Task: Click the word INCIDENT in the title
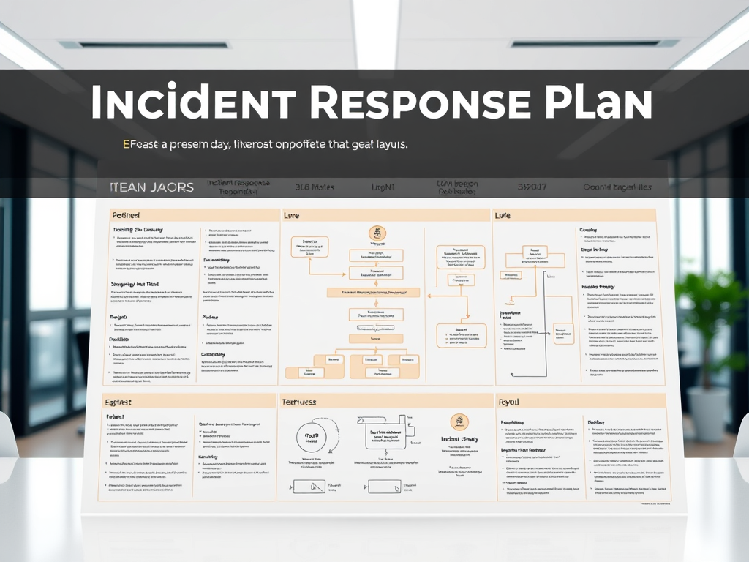[x=193, y=103]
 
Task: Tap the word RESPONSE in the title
[x=415, y=103]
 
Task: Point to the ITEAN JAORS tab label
[x=151, y=187]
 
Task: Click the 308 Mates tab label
[x=314, y=187]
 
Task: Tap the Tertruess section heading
[x=298, y=402]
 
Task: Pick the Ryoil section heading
[x=508, y=402]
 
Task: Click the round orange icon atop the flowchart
[x=377, y=234]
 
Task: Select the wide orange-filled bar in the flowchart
[x=373, y=292]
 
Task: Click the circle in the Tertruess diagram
[x=312, y=437]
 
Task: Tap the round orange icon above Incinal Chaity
[x=459, y=421]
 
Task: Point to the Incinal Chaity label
[x=459, y=440]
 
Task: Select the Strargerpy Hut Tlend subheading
[x=135, y=284]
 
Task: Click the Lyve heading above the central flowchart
[x=293, y=216]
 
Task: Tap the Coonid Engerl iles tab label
[x=617, y=187]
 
